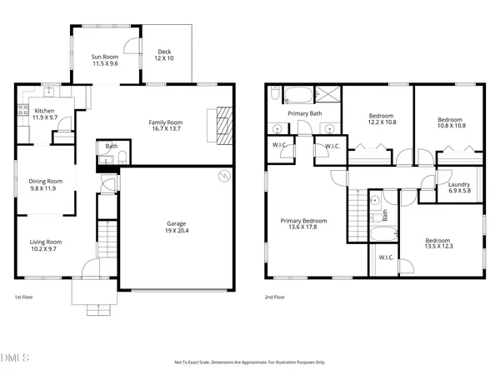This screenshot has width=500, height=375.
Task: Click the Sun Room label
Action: (104, 60)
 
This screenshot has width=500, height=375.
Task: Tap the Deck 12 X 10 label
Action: (164, 55)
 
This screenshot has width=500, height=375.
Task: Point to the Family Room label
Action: (166, 126)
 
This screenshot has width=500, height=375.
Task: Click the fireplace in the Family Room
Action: (223, 125)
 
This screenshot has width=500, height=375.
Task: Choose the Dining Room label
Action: (46, 185)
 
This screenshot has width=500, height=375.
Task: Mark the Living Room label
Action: (47, 245)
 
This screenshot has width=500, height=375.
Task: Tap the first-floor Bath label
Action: (112, 147)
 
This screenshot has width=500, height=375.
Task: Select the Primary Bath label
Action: (304, 113)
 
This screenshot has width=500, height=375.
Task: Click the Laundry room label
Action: (459, 187)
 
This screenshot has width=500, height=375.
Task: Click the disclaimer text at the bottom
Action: (250, 362)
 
